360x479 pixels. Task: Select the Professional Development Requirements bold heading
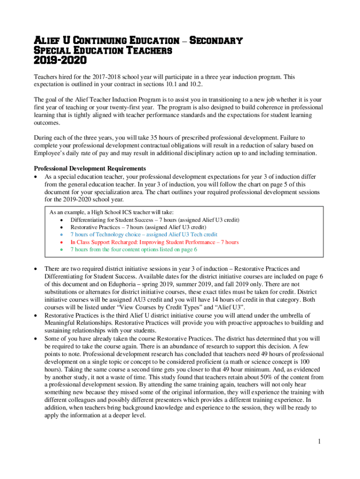(x=89, y=168)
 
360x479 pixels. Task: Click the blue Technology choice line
(x=144, y=234)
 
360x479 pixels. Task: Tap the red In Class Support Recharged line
(x=154, y=242)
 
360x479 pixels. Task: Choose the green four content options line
(x=134, y=249)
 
